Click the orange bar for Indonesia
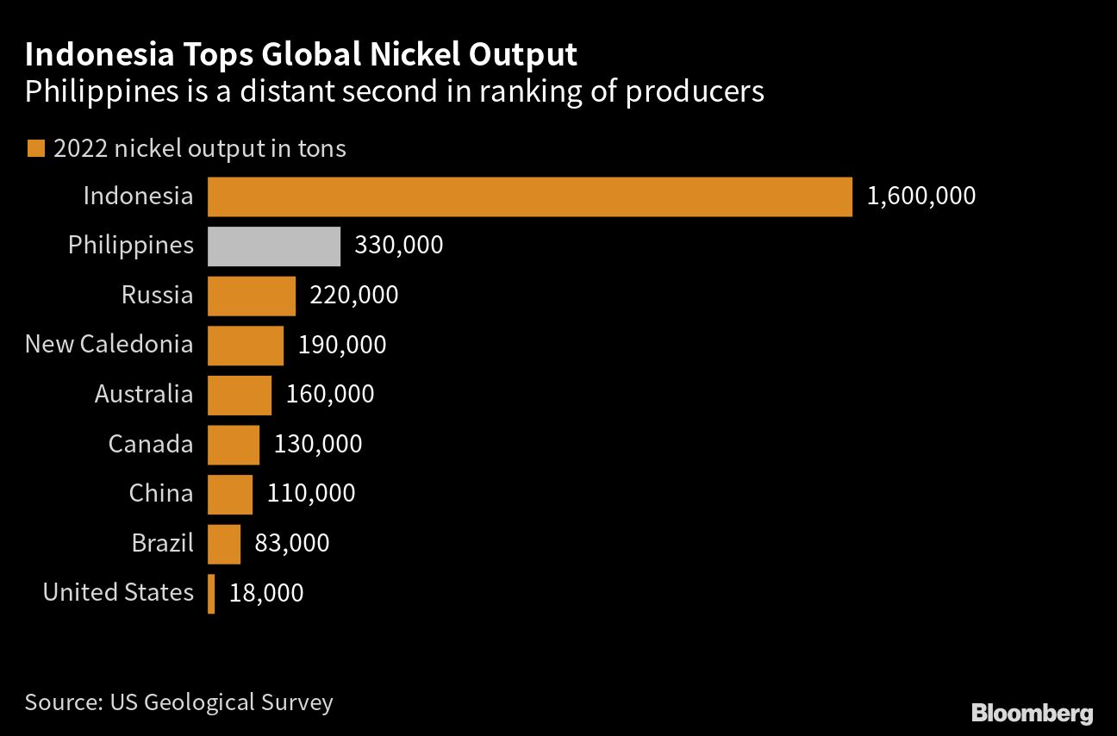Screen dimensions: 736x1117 point(529,196)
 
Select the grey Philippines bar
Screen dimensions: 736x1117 point(274,246)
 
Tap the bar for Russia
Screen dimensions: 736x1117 point(252,296)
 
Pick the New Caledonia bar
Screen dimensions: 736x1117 point(246,346)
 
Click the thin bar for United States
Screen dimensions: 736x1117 point(211,593)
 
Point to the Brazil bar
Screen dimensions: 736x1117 point(224,544)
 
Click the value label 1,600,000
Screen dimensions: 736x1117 point(921,196)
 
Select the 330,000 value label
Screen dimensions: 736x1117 point(399,246)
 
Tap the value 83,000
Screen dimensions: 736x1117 point(292,543)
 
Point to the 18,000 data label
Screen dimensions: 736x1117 point(266,593)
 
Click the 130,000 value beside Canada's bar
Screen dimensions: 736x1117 point(318,444)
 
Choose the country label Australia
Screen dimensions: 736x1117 point(144,395)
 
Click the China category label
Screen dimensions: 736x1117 point(161,494)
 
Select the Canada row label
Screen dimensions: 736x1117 point(151,445)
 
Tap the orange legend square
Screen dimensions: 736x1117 point(35,149)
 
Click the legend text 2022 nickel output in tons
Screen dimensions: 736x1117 point(199,148)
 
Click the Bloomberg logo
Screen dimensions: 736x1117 point(1032,713)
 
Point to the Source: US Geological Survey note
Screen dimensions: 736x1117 point(178,702)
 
